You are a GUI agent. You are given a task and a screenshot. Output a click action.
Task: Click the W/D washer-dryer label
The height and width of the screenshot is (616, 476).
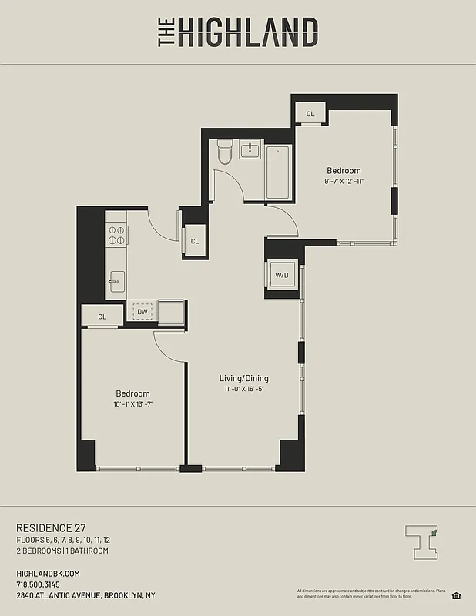pyautogui.click(x=282, y=276)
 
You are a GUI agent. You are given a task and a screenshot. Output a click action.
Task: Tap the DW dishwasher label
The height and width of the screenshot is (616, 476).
pyautogui.click(x=142, y=312)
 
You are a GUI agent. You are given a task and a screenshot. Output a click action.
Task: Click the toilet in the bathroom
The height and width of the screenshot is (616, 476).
pyautogui.click(x=225, y=153)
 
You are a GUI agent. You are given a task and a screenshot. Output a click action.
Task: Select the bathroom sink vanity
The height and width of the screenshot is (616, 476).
pyautogui.click(x=250, y=150)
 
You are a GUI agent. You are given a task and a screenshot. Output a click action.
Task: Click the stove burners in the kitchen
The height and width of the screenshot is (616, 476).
pyautogui.click(x=116, y=234)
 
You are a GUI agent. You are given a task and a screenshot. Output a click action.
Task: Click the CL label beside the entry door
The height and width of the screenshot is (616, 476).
pyautogui.click(x=195, y=241)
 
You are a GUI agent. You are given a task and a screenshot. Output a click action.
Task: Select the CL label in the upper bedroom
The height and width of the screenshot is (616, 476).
pyautogui.click(x=310, y=114)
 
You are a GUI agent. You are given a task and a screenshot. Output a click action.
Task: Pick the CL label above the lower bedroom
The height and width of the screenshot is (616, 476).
pyautogui.click(x=102, y=316)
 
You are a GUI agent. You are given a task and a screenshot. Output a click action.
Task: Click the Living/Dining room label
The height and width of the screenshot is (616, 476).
pyautogui.click(x=244, y=378)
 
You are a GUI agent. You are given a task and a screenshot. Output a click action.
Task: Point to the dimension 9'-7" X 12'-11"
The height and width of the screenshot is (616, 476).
pyautogui.click(x=344, y=182)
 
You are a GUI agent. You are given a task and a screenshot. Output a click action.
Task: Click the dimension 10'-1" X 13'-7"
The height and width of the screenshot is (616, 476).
pyautogui.click(x=132, y=404)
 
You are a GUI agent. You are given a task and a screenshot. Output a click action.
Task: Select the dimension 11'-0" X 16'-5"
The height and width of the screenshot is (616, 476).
pyautogui.click(x=244, y=389)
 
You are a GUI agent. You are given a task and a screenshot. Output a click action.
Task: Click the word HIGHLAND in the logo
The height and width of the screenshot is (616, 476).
pyautogui.click(x=248, y=33)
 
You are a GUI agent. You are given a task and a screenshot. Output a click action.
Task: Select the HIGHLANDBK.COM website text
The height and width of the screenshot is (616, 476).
pyautogui.click(x=48, y=574)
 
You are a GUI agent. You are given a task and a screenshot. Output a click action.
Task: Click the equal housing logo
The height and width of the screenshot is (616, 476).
pyautogui.click(x=456, y=594)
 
